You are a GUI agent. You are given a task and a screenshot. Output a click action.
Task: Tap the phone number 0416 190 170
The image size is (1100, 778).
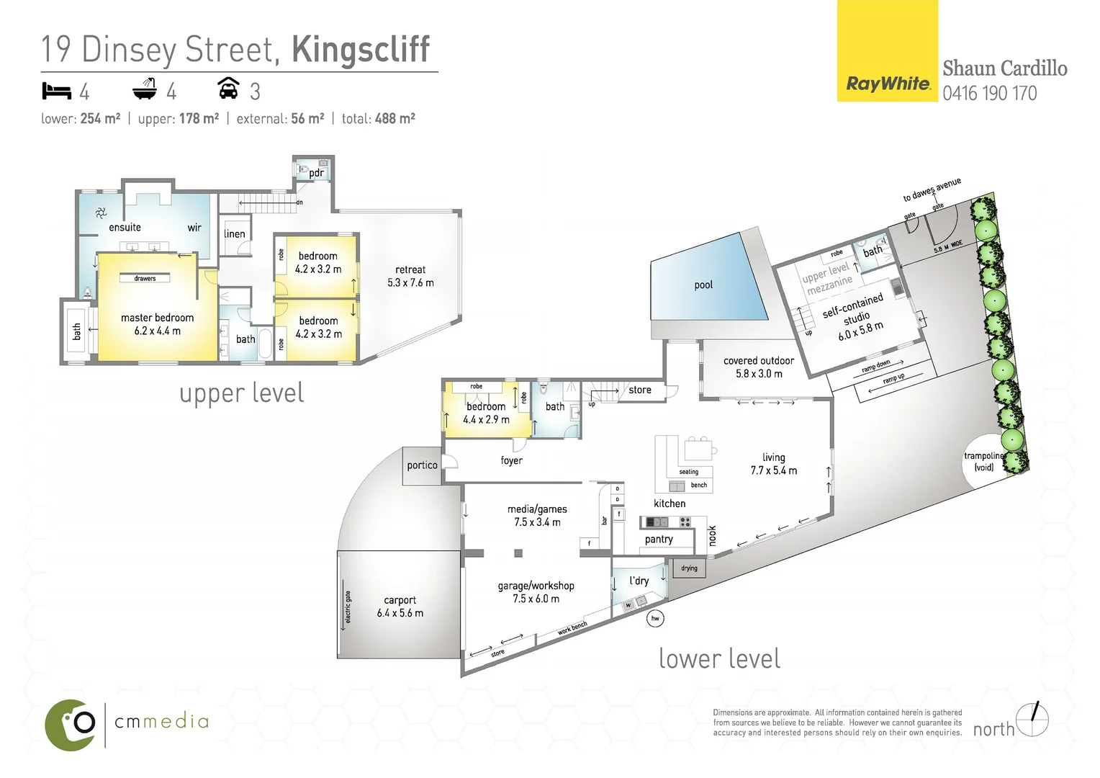tap(989, 94)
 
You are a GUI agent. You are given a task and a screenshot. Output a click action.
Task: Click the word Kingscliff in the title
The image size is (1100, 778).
tap(360, 49)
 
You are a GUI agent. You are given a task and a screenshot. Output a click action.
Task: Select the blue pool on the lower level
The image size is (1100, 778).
tap(704, 285)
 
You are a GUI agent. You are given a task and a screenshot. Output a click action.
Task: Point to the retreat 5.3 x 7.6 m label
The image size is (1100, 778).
tap(410, 276)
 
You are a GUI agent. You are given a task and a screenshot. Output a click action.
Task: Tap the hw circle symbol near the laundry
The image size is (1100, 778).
tap(655, 618)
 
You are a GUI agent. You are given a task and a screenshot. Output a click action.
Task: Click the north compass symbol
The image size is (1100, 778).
tap(1034, 719)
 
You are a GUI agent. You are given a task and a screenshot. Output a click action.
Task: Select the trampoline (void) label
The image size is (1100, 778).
tap(983, 462)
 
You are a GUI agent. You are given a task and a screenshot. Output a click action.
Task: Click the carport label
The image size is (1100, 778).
tap(400, 600)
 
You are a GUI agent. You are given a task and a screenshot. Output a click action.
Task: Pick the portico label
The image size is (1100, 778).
tap(422, 465)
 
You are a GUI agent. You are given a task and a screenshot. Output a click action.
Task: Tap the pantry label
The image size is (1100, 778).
tap(659, 540)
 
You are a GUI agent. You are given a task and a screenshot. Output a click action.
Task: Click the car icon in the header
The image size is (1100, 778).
tap(228, 89)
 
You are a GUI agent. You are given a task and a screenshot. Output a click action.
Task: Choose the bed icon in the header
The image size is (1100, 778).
tap(56, 91)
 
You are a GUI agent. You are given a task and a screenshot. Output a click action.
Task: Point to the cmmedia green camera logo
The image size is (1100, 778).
tap(71, 723)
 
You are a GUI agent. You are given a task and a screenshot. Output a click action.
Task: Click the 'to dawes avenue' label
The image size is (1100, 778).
tap(932, 189)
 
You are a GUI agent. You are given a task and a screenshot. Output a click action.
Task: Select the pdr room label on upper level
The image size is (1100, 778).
tap(316, 173)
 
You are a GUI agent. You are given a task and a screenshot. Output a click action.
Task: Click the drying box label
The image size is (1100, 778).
tap(689, 568)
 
